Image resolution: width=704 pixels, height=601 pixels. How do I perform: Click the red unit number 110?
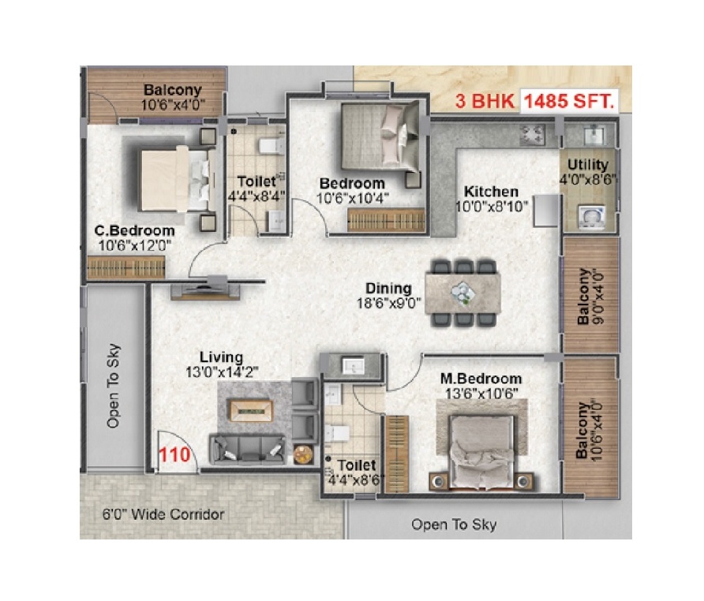[x=174, y=454]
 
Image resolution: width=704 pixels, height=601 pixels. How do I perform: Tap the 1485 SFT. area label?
[x=569, y=101]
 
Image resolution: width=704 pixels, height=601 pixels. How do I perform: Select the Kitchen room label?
[x=491, y=191]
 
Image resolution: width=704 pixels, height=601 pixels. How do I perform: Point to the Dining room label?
[x=388, y=288]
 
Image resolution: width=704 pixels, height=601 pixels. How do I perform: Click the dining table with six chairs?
[x=463, y=293]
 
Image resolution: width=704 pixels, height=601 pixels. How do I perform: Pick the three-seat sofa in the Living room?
[x=247, y=450]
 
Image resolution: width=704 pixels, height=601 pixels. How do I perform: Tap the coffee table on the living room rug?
[x=252, y=410]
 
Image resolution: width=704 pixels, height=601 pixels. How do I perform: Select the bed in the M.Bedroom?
[x=481, y=451]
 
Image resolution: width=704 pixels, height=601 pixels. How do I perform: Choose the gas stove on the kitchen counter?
[x=532, y=134]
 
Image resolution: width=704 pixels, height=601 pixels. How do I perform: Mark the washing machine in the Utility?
[x=591, y=217]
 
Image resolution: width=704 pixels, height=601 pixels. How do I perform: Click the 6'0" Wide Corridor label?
[x=163, y=514]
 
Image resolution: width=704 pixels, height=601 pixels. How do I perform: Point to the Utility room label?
[x=588, y=164]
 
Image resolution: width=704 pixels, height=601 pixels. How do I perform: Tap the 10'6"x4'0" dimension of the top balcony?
[x=174, y=105]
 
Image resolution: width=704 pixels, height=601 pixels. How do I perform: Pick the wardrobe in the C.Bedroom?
[x=126, y=267]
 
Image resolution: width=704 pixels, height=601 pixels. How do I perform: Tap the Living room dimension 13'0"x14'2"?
[x=222, y=372]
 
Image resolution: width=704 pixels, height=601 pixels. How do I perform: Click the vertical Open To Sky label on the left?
[x=113, y=386]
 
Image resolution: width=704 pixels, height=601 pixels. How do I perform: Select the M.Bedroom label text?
[x=481, y=379]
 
